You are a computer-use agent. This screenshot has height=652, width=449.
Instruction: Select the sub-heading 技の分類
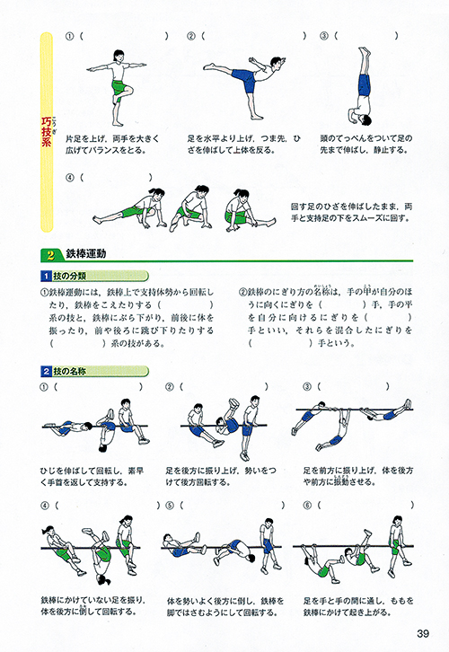(x=71, y=277)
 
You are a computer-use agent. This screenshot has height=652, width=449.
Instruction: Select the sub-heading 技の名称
(x=71, y=370)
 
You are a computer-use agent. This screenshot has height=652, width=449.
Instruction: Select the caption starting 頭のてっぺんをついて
(x=365, y=145)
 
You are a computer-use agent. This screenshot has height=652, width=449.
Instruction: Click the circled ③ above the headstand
(x=323, y=37)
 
